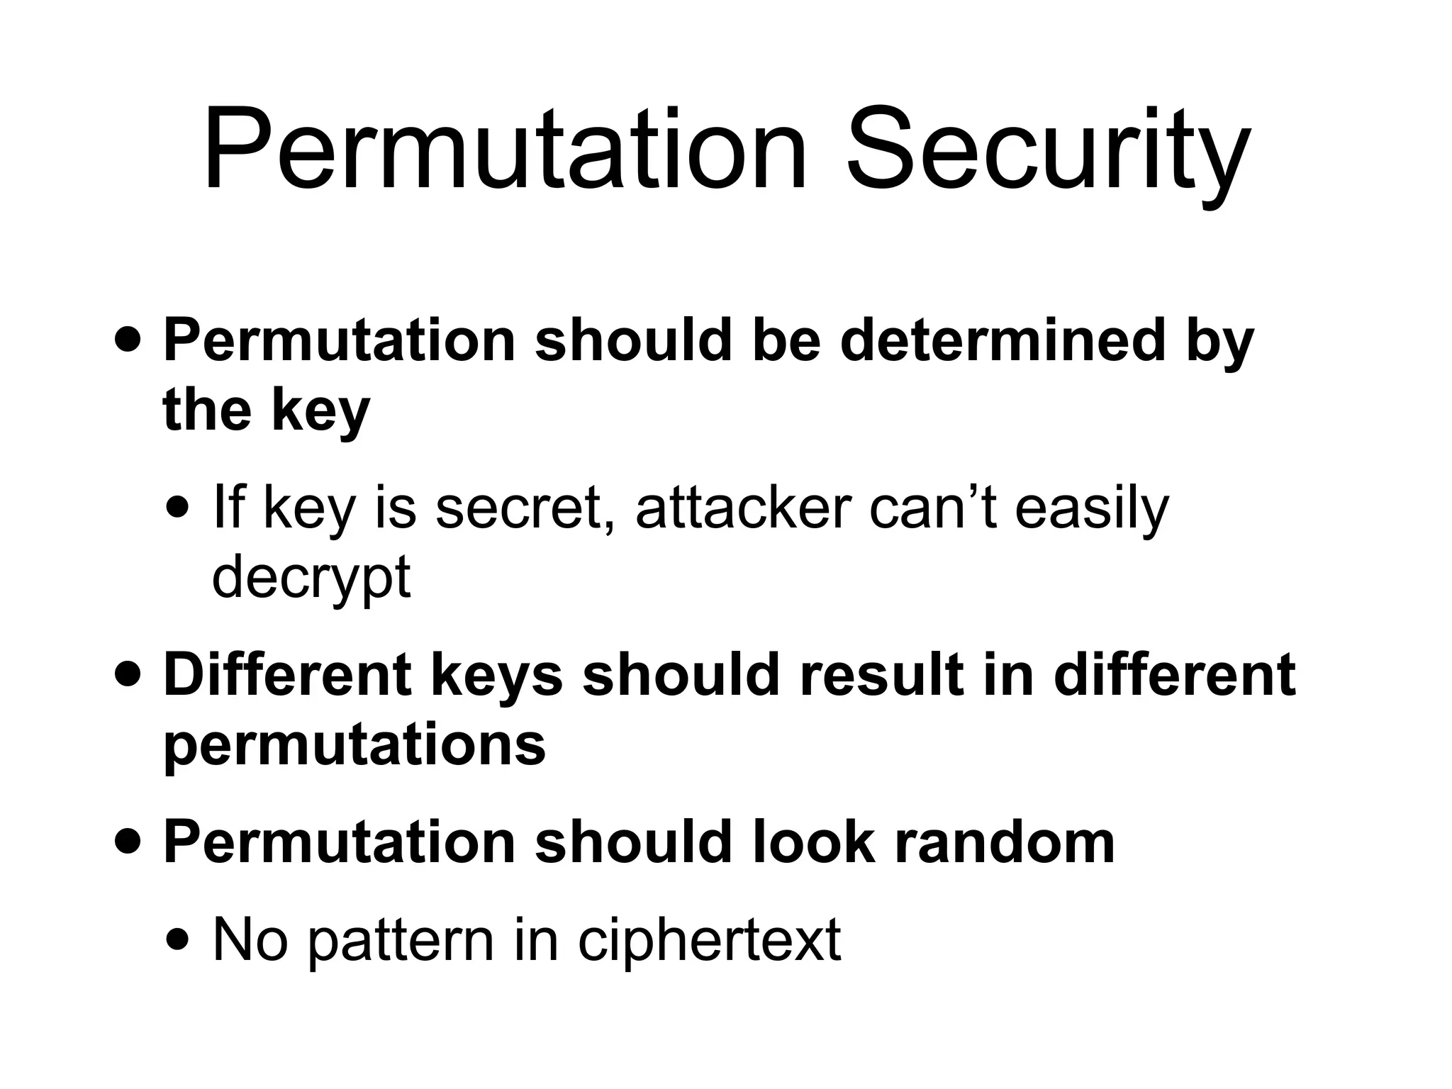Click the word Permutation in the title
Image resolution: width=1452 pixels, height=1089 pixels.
click(x=505, y=150)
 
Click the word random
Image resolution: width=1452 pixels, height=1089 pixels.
click(x=1005, y=842)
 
